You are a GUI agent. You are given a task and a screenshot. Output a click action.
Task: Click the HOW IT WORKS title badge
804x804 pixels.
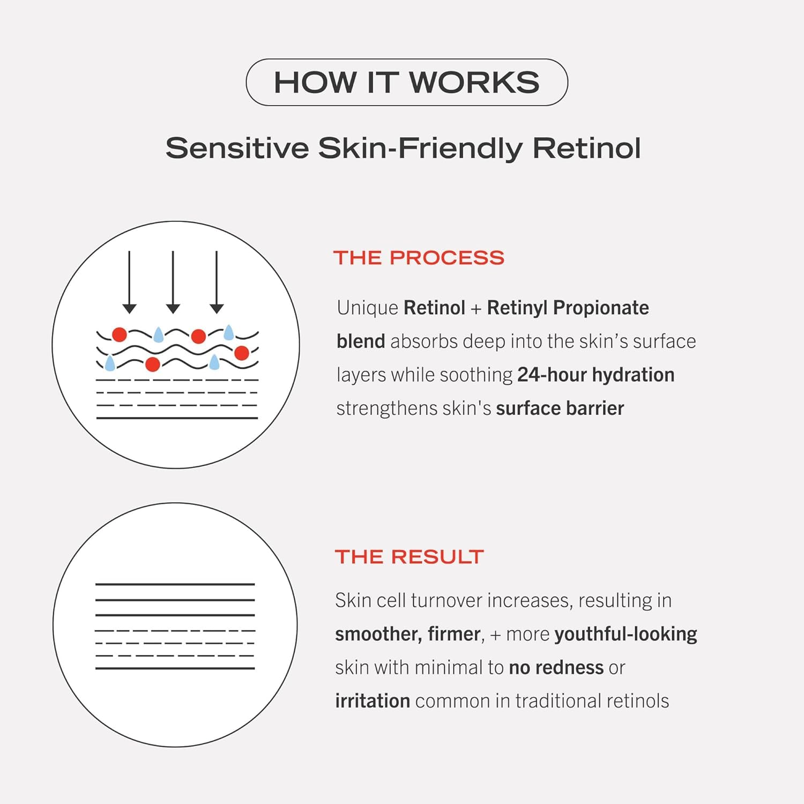tap(407, 82)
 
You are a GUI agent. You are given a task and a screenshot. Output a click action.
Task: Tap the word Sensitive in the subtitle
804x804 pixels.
tap(237, 148)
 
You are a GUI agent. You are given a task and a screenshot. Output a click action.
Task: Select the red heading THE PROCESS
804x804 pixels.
tap(419, 258)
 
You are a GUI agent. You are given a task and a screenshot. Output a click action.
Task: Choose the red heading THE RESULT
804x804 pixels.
tap(410, 557)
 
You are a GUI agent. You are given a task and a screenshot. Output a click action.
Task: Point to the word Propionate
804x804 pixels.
tap(601, 308)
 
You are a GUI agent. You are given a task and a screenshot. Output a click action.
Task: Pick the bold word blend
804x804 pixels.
tap(361, 341)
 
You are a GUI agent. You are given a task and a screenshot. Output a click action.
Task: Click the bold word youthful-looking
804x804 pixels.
tap(626, 635)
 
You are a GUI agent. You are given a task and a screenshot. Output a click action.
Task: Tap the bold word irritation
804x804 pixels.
tap(373, 701)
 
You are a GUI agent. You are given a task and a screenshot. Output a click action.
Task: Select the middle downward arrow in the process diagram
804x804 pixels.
tap(173, 282)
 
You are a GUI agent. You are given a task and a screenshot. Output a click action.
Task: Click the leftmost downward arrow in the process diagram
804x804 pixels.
tap(129, 282)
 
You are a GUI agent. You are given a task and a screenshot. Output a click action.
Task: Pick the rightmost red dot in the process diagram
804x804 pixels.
tap(242, 353)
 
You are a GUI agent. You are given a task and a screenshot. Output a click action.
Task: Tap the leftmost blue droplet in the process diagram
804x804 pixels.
tap(110, 363)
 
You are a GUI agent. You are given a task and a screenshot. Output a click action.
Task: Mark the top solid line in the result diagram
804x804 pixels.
tap(175, 584)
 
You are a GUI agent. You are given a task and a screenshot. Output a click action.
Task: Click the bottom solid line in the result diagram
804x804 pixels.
tap(175, 668)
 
